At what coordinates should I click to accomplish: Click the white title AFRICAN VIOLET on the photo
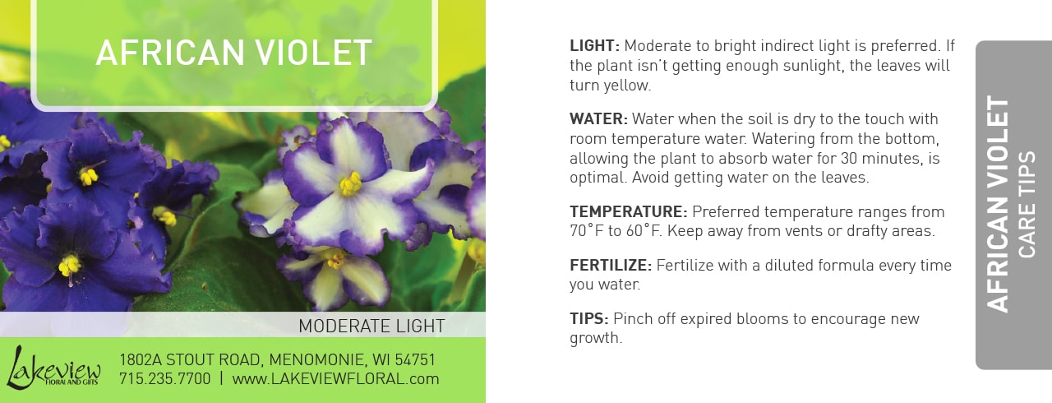(x=234, y=53)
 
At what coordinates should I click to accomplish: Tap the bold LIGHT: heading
(x=594, y=46)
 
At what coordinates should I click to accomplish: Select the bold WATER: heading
(x=598, y=118)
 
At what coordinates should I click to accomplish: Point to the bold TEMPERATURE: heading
(x=629, y=212)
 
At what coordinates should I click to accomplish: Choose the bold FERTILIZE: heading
(x=611, y=266)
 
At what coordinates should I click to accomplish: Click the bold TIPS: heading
(x=589, y=319)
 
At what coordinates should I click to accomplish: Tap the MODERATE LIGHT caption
(x=371, y=326)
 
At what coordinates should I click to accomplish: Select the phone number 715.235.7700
(x=165, y=378)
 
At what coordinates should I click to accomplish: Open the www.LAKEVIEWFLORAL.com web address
(x=335, y=378)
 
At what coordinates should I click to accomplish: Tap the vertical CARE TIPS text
(x=1027, y=204)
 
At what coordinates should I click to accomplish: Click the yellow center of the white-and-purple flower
(x=350, y=183)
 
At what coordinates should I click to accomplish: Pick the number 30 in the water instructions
(x=850, y=158)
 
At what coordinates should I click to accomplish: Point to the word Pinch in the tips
(x=632, y=319)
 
